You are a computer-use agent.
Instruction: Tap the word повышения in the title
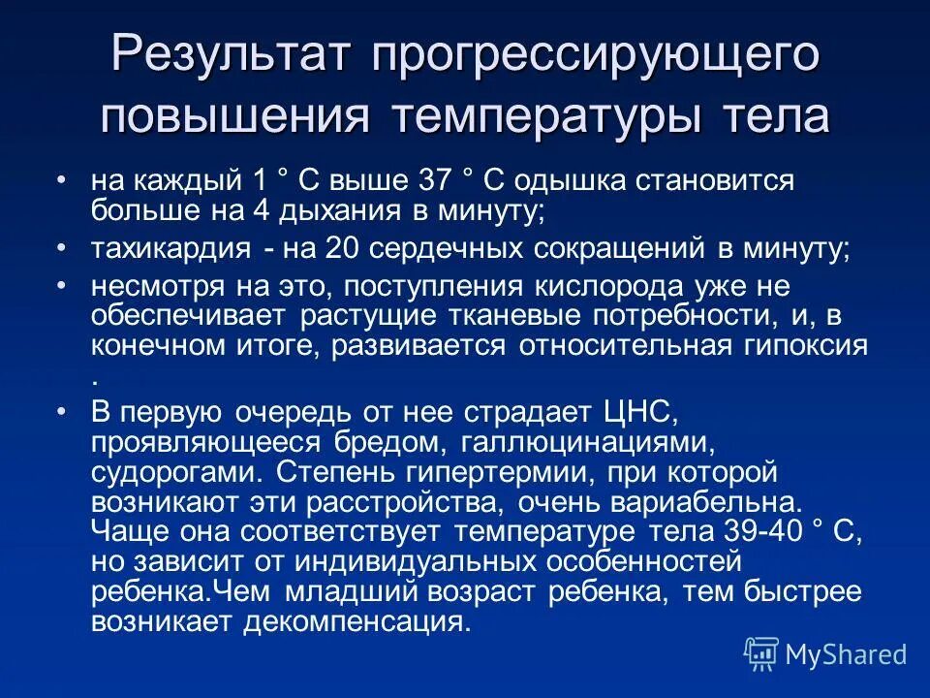[x=233, y=117]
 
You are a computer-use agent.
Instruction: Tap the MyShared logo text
[x=846, y=654]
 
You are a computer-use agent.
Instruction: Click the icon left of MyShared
[x=761, y=654]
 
